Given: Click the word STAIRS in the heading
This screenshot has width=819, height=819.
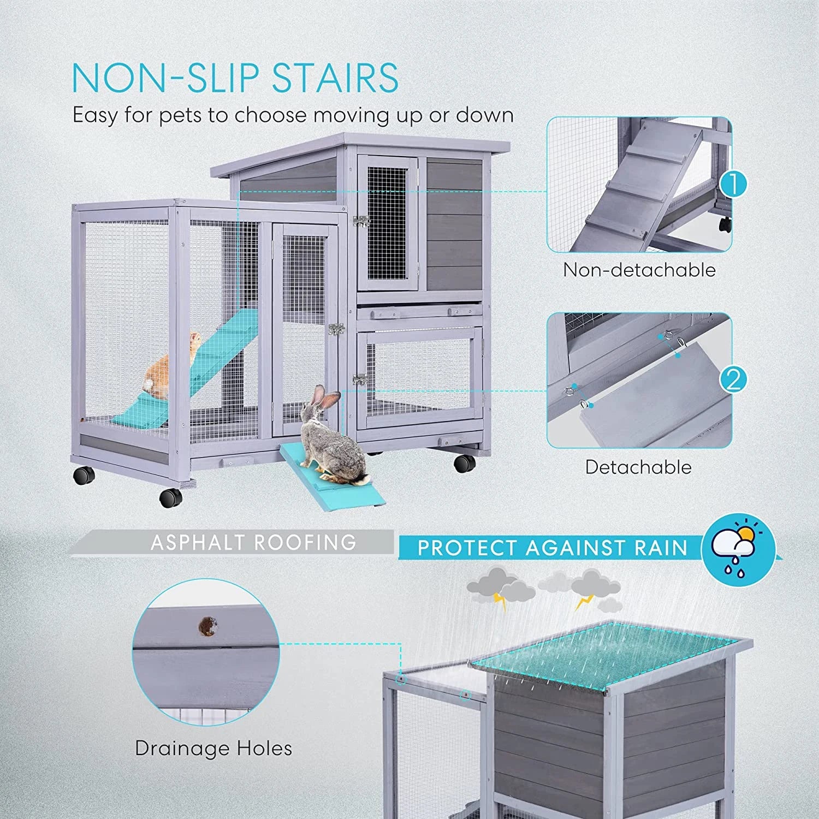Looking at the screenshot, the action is click(335, 78).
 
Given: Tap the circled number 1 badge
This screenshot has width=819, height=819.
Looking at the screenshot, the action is click(733, 184).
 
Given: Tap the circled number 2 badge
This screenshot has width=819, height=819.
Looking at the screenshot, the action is click(733, 379).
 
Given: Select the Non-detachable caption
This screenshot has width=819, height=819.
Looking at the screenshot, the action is click(639, 270).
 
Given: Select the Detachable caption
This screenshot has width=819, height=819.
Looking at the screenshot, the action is click(638, 467).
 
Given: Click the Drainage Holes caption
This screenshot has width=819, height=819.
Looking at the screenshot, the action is click(213, 748).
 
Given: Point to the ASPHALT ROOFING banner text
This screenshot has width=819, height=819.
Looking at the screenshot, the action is click(253, 542).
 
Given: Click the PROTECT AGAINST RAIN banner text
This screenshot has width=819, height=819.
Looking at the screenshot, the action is click(552, 548).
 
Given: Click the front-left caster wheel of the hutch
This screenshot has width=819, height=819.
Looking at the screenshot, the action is click(171, 497).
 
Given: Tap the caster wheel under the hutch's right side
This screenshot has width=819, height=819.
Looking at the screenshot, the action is click(465, 463).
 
